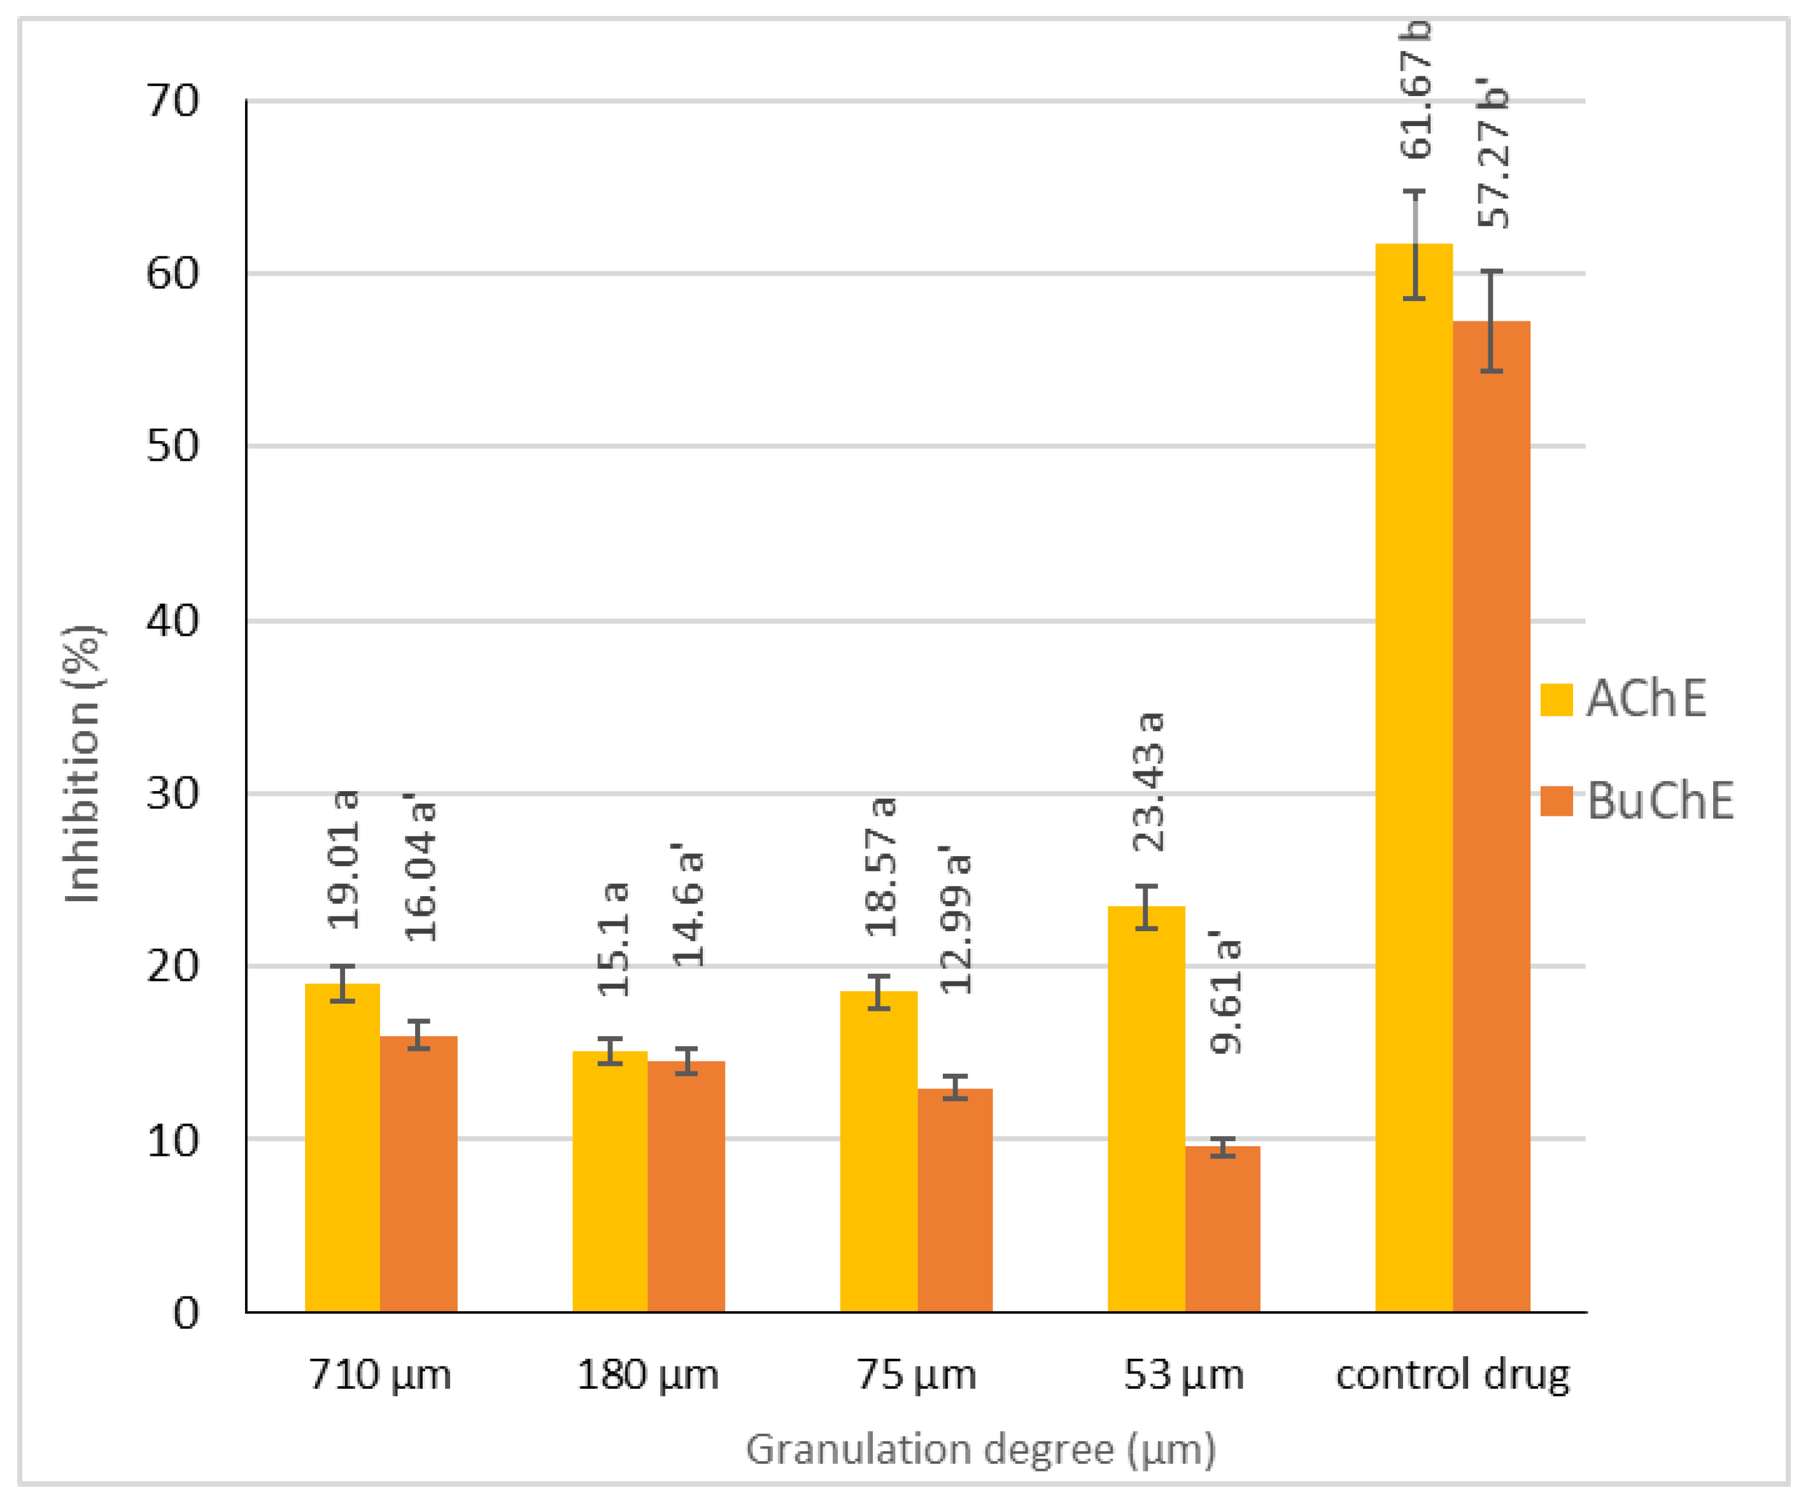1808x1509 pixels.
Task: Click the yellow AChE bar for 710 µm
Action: click(342, 1149)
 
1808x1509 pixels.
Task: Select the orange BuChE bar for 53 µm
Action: click(1222, 1231)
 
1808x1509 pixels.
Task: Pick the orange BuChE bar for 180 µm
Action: click(686, 1188)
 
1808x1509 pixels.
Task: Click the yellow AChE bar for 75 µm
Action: click(878, 1153)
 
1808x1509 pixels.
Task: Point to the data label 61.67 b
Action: click(1416, 90)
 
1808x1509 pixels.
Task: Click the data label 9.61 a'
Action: click(1226, 992)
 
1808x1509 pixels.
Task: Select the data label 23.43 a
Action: click(1148, 782)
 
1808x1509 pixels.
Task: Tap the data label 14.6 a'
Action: click(688, 908)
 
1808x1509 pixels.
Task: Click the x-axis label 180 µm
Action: click(647, 1375)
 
